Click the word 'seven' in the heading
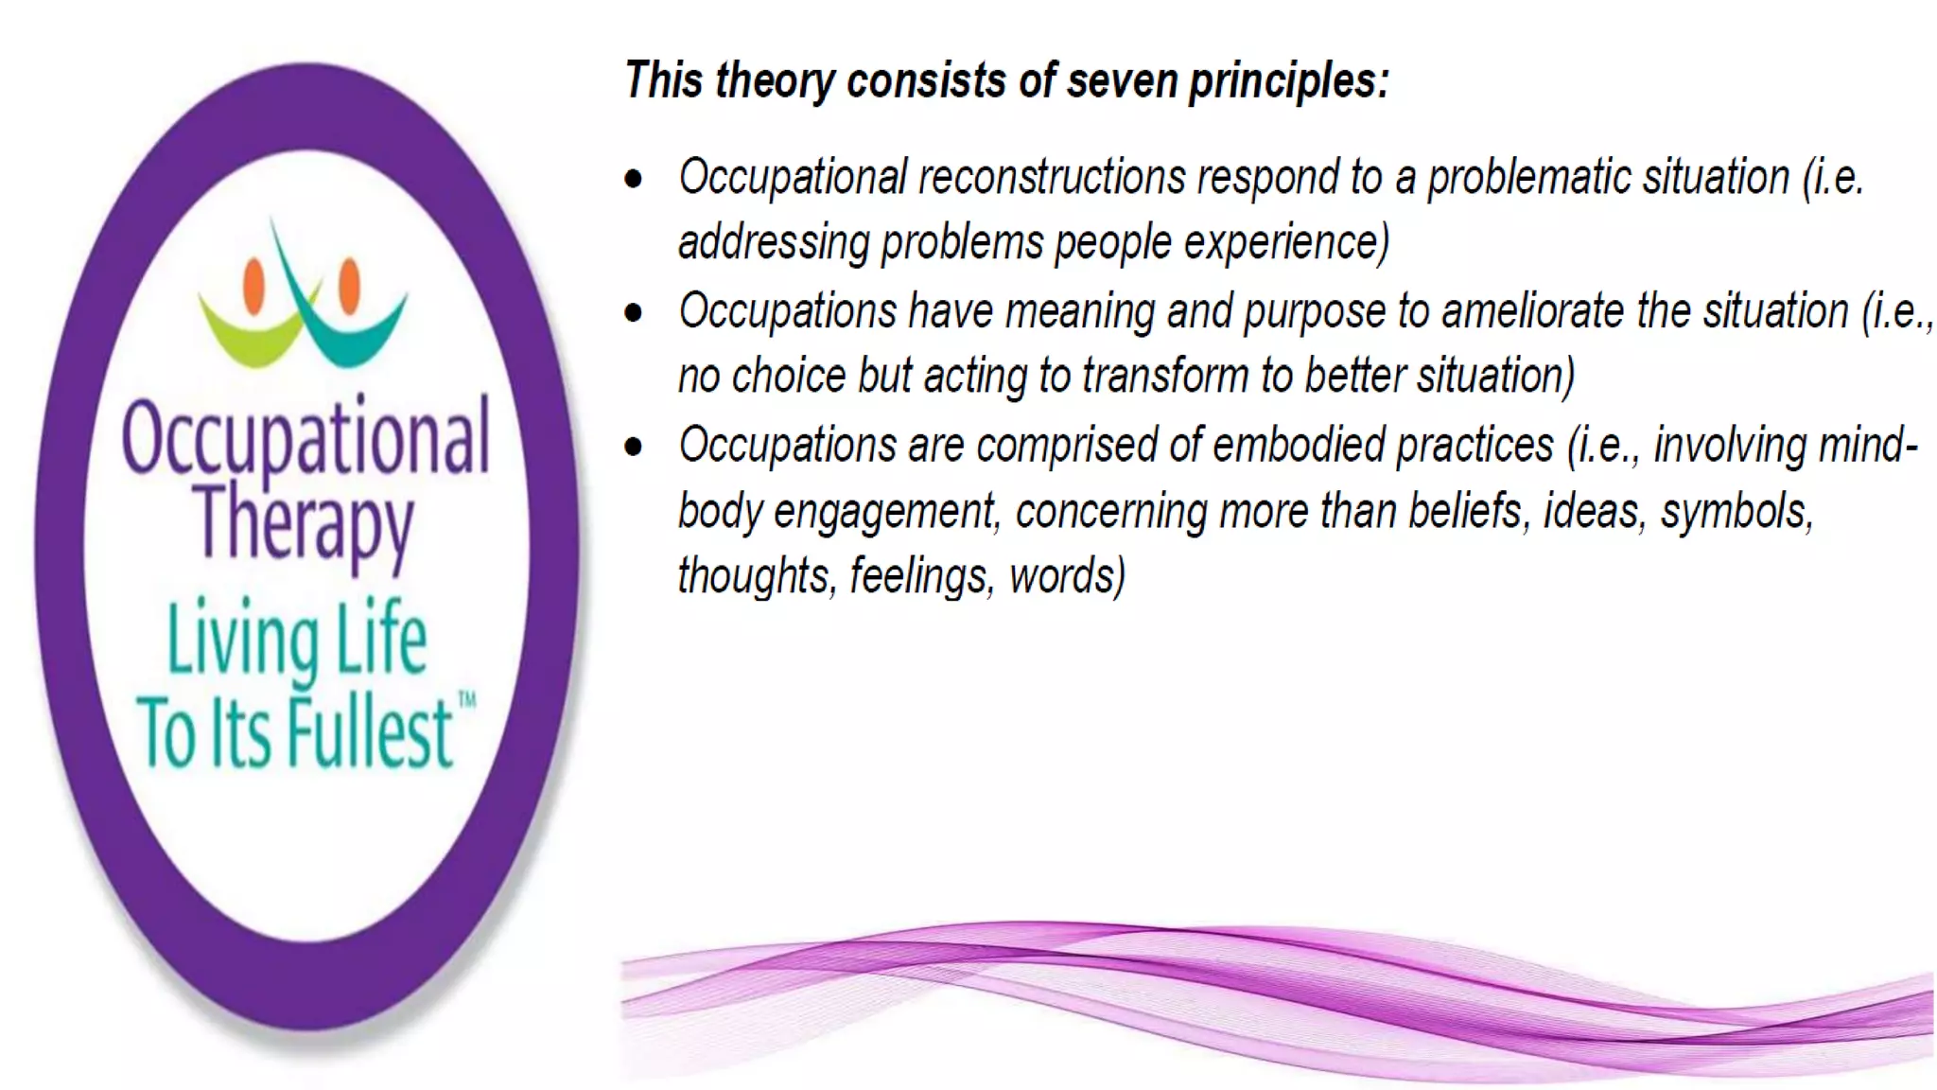point(1123,80)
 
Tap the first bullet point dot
point(634,178)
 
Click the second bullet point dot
point(634,312)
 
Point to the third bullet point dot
point(634,446)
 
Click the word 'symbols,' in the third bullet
point(1736,512)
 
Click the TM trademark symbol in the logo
point(467,700)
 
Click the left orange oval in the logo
point(253,285)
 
